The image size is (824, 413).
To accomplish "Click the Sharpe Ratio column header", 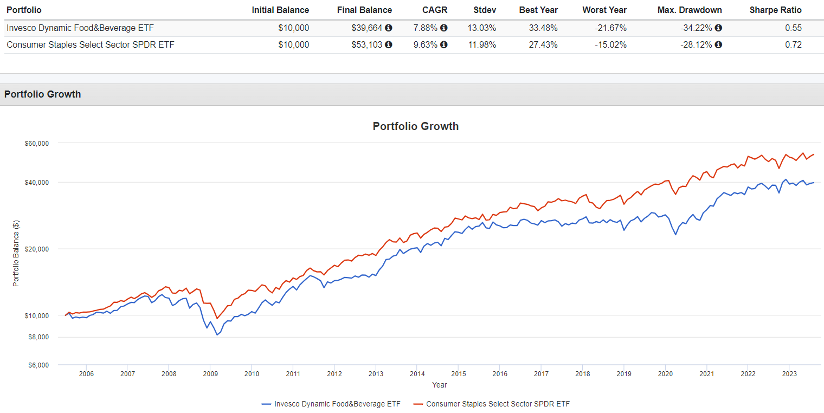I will (x=775, y=10).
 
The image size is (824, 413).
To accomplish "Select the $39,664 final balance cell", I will (x=368, y=28).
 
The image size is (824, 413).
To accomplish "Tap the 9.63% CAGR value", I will (x=425, y=45).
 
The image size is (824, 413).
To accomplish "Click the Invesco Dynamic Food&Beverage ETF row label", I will (x=76, y=28).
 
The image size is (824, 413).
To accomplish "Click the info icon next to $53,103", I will (x=389, y=45).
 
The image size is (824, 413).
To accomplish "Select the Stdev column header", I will (x=485, y=10).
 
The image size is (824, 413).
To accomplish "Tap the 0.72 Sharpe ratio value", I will (x=793, y=45).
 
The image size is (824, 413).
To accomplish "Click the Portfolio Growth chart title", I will (x=415, y=126).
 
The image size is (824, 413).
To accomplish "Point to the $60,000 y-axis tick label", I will (x=37, y=143).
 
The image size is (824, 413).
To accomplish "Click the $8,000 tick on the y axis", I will (x=40, y=337).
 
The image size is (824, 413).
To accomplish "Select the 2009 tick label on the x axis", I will (x=210, y=374).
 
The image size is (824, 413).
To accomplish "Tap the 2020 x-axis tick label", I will (x=665, y=374).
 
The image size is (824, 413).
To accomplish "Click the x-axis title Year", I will (x=439, y=385).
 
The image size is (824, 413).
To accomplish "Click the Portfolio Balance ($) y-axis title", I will (x=16, y=253).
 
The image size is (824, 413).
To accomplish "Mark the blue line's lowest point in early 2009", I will (x=217, y=335).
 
